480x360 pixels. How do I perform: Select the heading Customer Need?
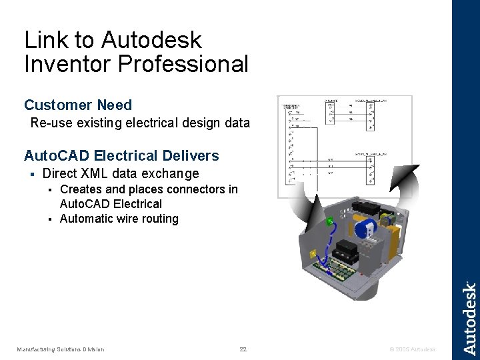click(78, 105)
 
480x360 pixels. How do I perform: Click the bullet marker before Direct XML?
click(31, 175)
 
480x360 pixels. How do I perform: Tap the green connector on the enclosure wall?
click(330, 221)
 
